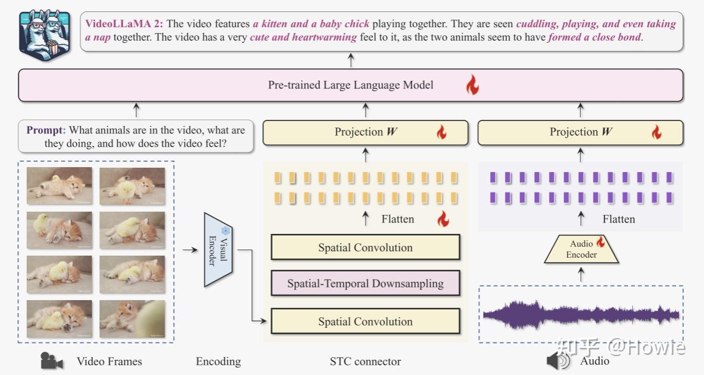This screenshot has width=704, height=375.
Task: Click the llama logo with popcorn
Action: click(45, 34)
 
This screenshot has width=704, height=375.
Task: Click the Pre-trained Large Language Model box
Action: click(350, 85)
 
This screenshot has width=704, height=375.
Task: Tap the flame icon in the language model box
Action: click(472, 85)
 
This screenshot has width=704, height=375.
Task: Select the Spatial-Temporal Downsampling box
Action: click(365, 283)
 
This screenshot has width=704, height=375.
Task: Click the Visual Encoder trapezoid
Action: click(218, 250)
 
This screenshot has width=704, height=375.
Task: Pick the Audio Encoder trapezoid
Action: click(581, 250)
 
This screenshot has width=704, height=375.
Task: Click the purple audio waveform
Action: click(581, 314)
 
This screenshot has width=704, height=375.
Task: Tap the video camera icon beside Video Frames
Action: click(52, 361)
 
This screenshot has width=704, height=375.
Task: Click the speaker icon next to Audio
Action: click(558, 361)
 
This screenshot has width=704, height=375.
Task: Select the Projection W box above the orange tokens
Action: click(365, 132)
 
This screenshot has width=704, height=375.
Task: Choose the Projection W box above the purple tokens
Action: click(580, 132)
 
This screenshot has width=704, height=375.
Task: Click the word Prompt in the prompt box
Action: click(46, 130)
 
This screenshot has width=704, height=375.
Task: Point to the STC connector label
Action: click(365, 361)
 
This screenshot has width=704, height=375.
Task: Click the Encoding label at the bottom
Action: click(218, 361)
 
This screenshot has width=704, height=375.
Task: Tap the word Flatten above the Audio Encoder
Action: click(618, 219)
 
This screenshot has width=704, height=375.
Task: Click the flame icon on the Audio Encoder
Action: click(600, 242)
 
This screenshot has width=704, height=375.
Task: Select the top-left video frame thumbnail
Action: click(59, 186)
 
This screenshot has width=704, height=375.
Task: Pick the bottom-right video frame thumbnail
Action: click(132, 319)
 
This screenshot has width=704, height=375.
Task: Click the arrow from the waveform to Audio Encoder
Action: click(581, 275)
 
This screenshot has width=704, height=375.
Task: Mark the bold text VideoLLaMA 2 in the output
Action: click(124, 24)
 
